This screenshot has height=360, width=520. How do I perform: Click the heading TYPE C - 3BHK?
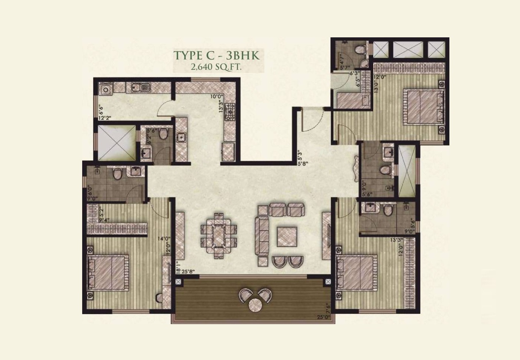[216, 55]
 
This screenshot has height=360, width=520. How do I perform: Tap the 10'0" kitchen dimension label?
[216, 96]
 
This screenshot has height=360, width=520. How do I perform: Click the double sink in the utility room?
[140, 88]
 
